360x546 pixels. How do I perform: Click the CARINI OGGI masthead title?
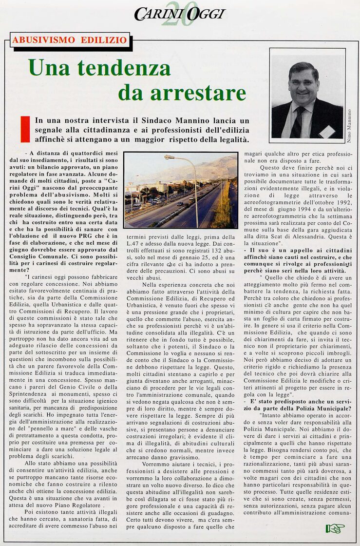pos(180,14)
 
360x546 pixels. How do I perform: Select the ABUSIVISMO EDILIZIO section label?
pos(70,40)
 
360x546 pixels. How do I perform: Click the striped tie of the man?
pos(298,122)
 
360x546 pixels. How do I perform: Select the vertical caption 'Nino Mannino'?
pos(350,125)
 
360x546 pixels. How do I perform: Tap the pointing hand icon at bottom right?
pos(335,528)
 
